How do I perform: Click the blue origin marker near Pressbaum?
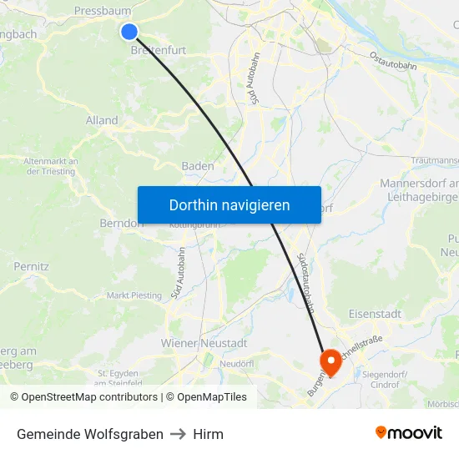pyautogui.click(x=129, y=31)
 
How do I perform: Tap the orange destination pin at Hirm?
pyautogui.click(x=330, y=361)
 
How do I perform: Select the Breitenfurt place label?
pyautogui.click(x=159, y=50)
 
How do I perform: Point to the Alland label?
pyautogui.click(x=102, y=120)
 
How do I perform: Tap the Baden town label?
pyautogui.click(x=198, y=166)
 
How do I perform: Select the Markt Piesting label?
pyautogui.click(x=134, y=295)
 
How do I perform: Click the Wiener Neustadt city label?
pyautogui.click(x=204, y=343)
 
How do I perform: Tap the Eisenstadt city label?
pyautogui.click(x=375, y=314)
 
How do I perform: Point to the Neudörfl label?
pyautogui.click(x=236, y=364)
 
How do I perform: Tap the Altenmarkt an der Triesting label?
pyautogui.click(x=51, y=166)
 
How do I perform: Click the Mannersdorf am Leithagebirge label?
pyautogui.click(x=419, y=189)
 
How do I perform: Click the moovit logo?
pyautogui.click(x=409, y=433)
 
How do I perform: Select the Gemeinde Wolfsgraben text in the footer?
pyautogui.click(x=90, y=434)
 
